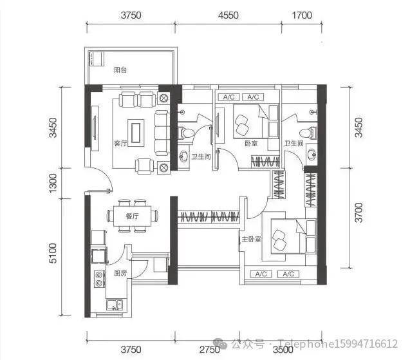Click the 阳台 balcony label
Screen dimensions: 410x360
point(120,70)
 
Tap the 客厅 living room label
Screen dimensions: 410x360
point(120,144)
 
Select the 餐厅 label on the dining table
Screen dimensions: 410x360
point(133,216)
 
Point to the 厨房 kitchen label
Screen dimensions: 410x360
point(120,273)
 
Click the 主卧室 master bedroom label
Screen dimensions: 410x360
point(251,239)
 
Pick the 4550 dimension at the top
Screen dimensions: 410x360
point(228,15)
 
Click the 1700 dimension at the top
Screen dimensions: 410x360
point(302,15)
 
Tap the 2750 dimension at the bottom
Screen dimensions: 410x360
point(209,350)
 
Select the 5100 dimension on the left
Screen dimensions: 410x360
point(53,253)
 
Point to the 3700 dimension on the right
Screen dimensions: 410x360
point(359,213)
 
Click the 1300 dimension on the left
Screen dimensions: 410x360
point(53,183)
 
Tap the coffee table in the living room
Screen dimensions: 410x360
point(136,133)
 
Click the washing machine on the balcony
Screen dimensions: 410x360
point(97,59)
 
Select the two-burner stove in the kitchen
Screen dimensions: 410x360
point(100,279)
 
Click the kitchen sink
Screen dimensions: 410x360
point(115,305)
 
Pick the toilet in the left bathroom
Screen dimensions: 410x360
point(185,133)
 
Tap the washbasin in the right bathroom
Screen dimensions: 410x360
point(312,155)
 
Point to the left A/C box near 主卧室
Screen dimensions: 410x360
point(261,274)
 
